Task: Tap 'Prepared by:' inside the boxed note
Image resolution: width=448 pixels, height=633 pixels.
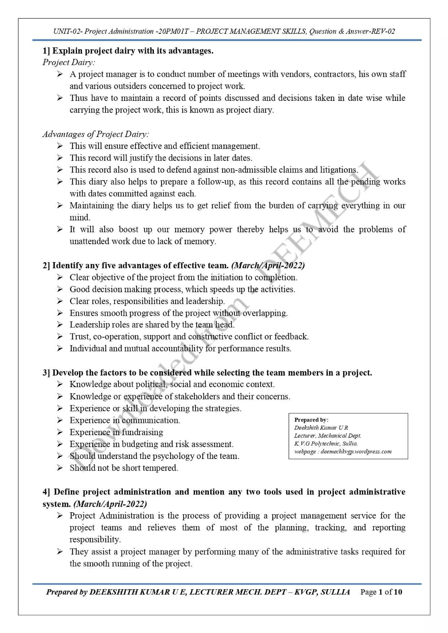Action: click(311, 420)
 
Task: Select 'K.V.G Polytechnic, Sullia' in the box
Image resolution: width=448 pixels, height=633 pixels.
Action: click(326, 444)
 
